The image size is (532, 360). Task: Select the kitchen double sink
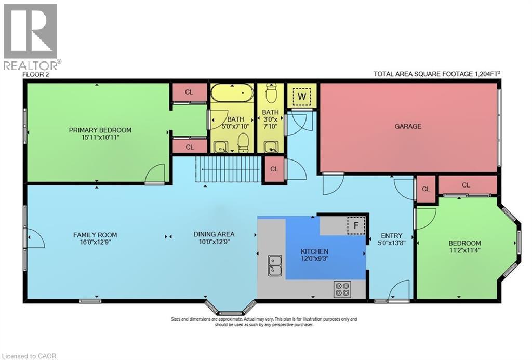pyautogui.click(x=274, y=265)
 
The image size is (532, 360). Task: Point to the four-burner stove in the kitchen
pyautogui.click(x=342, y=289)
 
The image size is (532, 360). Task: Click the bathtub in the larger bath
pyautogui.click(x=232, y=94)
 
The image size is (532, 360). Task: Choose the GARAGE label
pyautogui.click(x=408, y=126)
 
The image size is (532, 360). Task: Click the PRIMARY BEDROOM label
pyautogui.click(x=100, y=130)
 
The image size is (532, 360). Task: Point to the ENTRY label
pyautogui.click(x=391, y=235)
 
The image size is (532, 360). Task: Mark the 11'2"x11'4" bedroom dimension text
pyautogui.click(x=465, y=251)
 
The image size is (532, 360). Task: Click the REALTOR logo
pyautogui.click(x=31, y=36)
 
